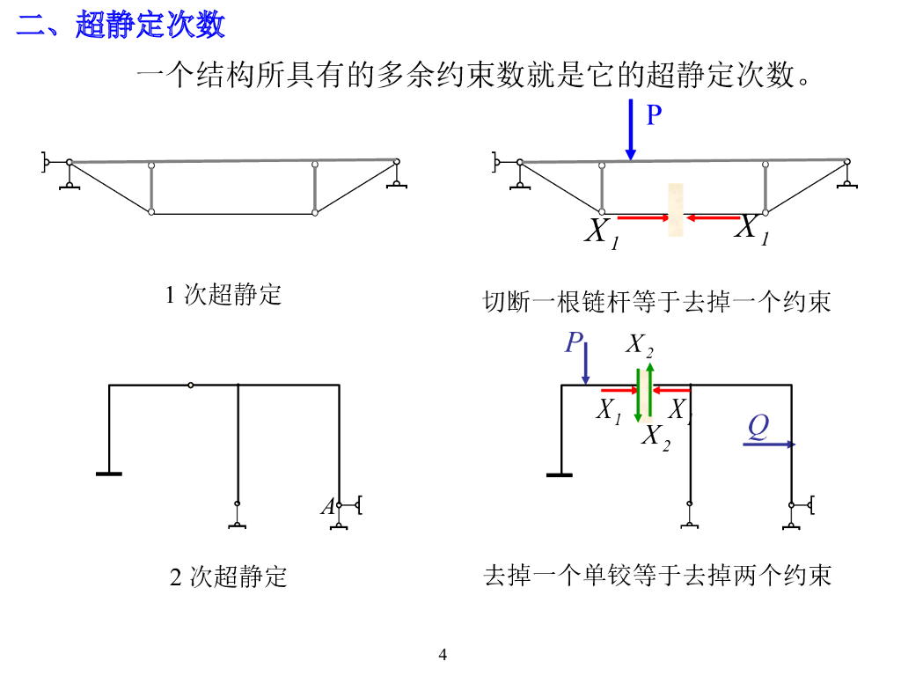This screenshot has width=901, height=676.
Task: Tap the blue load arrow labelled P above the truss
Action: coord(631,130)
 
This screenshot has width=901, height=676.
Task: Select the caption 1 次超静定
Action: coord(223,294)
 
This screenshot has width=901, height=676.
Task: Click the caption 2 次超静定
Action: coord(228,577)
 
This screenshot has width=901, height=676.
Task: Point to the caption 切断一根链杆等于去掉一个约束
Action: coord(656,302)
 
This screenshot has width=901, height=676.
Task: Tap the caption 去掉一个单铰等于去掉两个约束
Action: coord(656,576)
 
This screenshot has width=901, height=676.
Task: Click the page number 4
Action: coord(443,655)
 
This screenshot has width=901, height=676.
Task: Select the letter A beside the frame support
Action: coord(327,507)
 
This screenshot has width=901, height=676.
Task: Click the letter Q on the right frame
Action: coord(758,428)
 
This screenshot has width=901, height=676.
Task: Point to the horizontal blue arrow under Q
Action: coord(769,445)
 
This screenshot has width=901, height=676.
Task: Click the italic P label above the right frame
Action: coord(574,342)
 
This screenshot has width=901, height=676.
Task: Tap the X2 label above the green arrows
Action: coord(640,346)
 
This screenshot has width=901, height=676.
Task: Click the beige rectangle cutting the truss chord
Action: coord(676,210)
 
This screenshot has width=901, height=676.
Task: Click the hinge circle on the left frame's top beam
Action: coord(191,385)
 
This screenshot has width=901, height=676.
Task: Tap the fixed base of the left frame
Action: coord(109,474)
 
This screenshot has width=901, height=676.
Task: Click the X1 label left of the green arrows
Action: coord(608,409)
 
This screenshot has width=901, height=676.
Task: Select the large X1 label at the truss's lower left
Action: coord(601,232)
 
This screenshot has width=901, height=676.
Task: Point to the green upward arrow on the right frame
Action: coord(649,387)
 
